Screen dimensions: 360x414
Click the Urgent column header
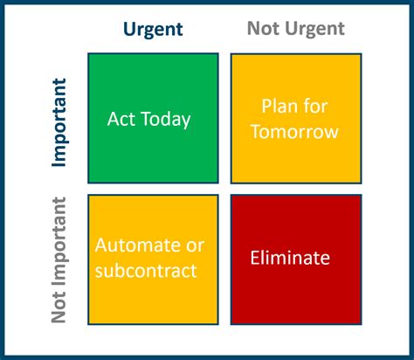(x=153, y=29)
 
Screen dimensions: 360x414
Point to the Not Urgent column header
(x=295, y=29)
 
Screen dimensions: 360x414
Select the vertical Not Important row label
(x=59, y=260)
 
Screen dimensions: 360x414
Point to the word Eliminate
(x=290, y=258)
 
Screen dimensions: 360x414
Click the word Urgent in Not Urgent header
(x=313, y=29)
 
